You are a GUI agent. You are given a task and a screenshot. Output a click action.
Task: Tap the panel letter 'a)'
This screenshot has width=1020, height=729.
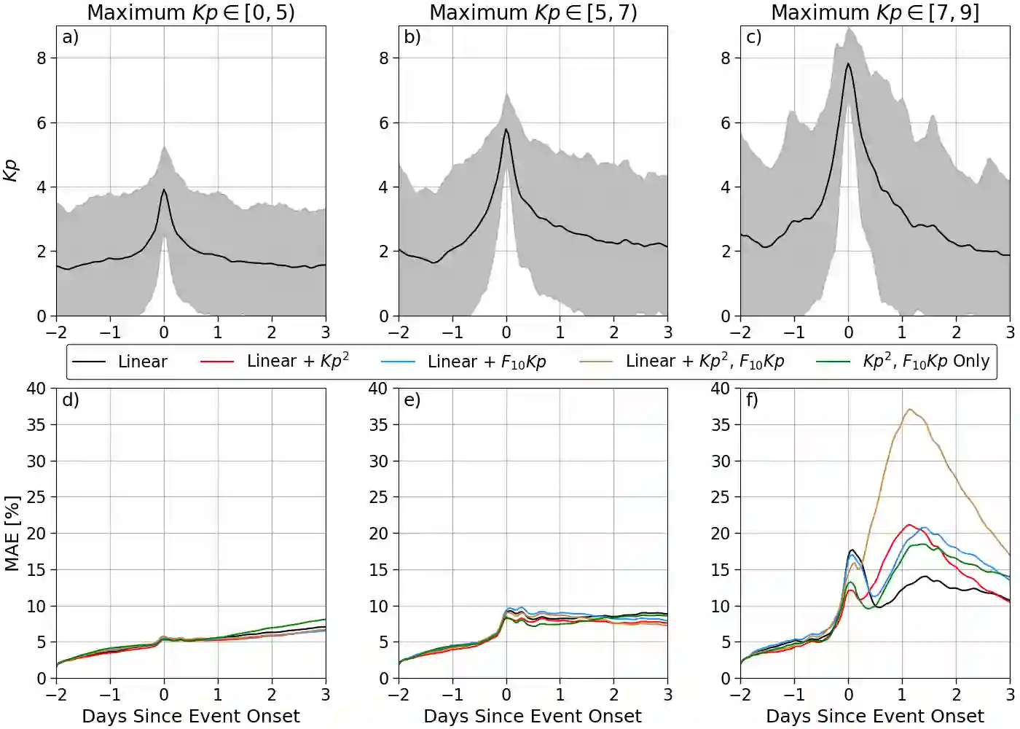(70, 37)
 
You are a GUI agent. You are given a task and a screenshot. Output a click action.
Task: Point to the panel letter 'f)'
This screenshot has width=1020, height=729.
(752, 399)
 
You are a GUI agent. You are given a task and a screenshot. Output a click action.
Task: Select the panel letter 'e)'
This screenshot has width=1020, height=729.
(412, 399)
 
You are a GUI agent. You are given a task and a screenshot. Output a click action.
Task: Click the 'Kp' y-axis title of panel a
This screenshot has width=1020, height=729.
(11, 171)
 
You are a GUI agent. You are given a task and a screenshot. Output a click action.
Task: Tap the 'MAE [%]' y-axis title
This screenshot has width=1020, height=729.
(11, 534)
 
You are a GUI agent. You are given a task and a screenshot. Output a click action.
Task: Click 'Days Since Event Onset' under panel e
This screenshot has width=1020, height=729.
(533, 716)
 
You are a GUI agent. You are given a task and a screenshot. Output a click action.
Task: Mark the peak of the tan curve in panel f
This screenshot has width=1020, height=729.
(910, 410)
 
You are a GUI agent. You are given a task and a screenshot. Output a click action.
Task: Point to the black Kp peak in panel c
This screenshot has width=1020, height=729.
(848, 64)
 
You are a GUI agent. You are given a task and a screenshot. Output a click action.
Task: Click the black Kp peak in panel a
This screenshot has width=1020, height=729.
(164, 190)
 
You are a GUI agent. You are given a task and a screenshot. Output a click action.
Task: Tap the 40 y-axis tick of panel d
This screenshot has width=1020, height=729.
(36, 389)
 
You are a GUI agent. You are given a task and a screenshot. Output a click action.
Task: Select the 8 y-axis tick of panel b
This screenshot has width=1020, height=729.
(384, 58)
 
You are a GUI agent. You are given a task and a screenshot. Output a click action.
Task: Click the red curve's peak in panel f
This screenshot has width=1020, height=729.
(909, 525)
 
